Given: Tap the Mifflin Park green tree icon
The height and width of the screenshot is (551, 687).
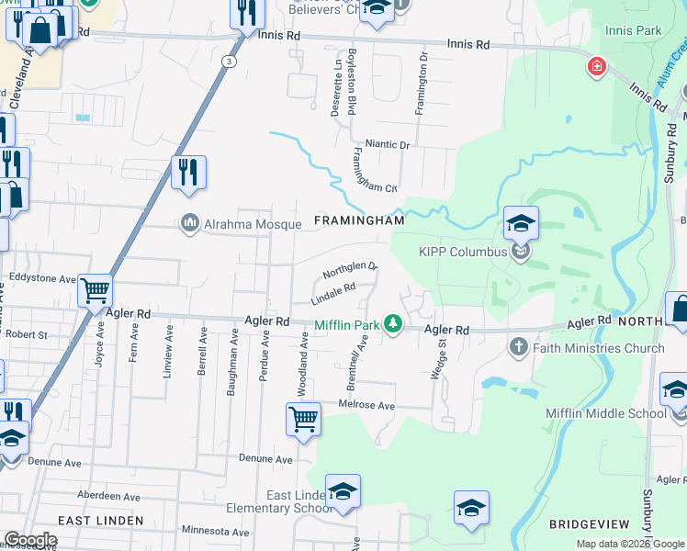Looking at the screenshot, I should coord(393,323).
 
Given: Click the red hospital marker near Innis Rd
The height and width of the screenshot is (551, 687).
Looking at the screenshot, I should coord(596,66).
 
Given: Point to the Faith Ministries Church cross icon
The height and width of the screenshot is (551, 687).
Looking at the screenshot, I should coord(519,347).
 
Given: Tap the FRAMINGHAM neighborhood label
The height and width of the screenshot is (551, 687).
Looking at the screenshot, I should coord(359,221).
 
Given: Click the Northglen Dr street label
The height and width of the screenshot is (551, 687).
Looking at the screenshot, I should coord(350,270).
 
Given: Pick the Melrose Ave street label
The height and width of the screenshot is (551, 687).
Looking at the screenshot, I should coord(367,405).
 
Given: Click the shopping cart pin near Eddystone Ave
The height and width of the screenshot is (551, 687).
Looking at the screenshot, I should coord(96,291).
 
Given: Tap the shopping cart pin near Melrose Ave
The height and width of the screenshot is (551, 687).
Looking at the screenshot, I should coord(303,420).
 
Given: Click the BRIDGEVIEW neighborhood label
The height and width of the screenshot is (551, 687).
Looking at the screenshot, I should coord(589,524).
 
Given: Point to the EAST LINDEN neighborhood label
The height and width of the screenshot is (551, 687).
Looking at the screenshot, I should coord(101,521).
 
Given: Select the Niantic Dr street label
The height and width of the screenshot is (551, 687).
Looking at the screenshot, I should coord(387,143).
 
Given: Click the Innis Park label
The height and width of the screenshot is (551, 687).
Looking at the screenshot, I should coord(634,30).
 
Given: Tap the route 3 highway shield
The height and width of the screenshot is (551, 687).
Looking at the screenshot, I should coord(228,61).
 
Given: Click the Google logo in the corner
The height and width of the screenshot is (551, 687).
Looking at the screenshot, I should coord(30,540).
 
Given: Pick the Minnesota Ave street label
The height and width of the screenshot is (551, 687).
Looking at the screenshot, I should coord(216,532).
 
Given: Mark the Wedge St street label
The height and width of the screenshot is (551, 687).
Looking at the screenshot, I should coord(438,358).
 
